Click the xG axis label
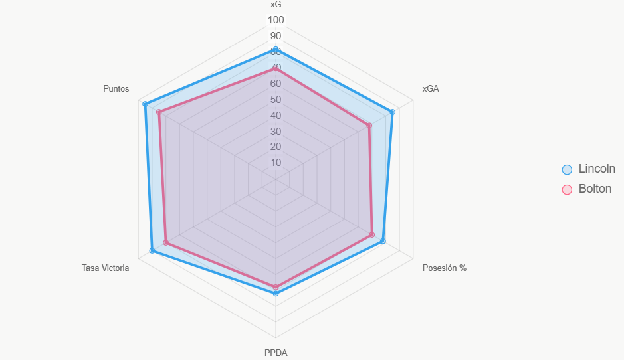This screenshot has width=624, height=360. tap(276, 5)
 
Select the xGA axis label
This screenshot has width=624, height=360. tap(431, 89)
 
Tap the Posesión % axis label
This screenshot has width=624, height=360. tap(444, 268)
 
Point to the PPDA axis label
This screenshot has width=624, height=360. tap(276, 353)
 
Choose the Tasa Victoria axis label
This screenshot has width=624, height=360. tap(106, 268)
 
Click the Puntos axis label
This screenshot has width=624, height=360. tap(116, 89)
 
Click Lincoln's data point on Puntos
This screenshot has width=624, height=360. tap(146, 104)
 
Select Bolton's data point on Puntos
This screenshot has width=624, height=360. tap(159, 112)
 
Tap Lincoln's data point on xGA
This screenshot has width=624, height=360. tap(392, 112)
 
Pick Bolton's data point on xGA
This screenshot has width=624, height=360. tap(369, 126)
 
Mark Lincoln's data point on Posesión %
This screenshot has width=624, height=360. tap(383, 241)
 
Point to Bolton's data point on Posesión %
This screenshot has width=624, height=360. tap(371, 234)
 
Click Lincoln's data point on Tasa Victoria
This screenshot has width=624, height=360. tap(152, 250)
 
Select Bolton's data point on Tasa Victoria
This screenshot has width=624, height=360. tap(166, 242)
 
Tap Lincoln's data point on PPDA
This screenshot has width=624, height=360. tap(276, 293)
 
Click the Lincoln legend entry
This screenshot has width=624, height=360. tap(589, 169)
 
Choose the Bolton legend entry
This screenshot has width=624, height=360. tap(587, 189)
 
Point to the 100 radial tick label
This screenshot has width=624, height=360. tap(276, 20)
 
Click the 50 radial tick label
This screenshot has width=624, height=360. tap(276, 100)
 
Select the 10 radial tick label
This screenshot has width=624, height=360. tap(276, 163)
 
